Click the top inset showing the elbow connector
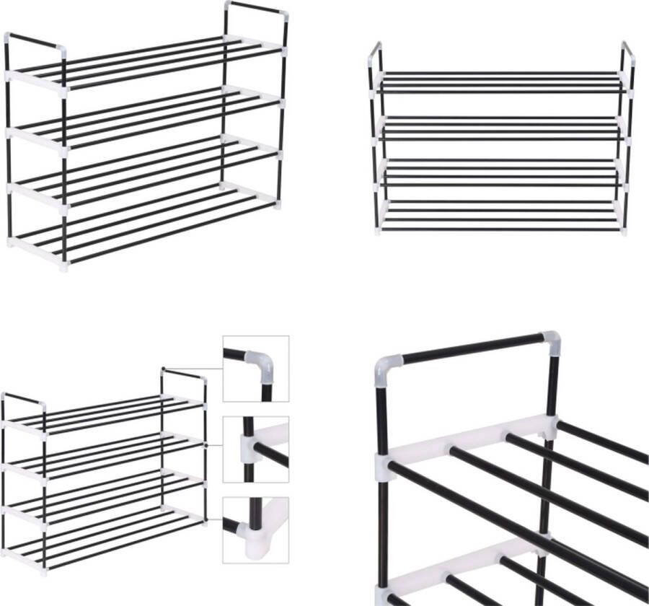(255, 368)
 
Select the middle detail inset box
(255, 449)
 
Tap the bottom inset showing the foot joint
(255, 530)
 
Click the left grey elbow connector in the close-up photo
(387, 370)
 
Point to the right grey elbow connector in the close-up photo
(552, 341)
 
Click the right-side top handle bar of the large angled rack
(256, 9)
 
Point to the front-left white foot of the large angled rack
(63, 265)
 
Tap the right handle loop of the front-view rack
(628, 56)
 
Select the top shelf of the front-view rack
(501, 82)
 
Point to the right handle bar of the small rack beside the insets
(183, 374)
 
